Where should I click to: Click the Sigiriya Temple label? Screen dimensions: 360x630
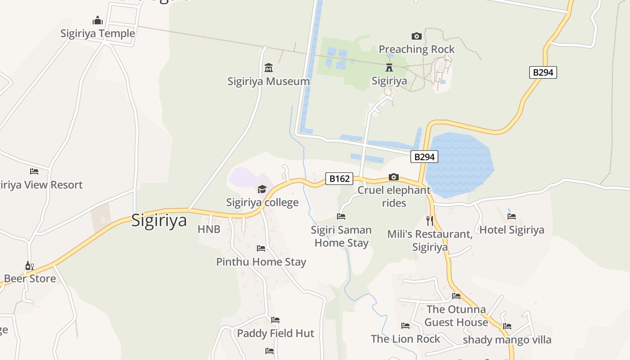pyautogui.click(x=98, y=34)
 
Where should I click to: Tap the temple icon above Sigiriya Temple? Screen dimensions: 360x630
pyautogui.click(x=98, y=21)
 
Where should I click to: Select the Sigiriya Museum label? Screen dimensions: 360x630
pyautogui.click(x=269, y=81)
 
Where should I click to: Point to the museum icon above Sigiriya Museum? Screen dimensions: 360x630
pyautogui.click(x=269, y=68)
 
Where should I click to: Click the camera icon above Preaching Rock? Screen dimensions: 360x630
pyautogui.click(x=416, y=36)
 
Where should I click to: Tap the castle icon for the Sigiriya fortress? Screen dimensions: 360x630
pyautogui.click(x=389, y=67)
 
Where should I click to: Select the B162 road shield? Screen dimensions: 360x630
pyautogui.click(x=339, y=179)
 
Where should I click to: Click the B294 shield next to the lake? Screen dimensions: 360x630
pyautogui.click(x=424, y=157)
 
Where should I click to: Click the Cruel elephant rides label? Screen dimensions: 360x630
pyautogui.click(x=394, y=197)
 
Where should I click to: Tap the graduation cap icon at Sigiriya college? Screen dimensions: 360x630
pyautogui.click(x=262, y=189)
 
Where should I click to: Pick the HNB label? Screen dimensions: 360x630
pyautogui.click(x=209, y=229)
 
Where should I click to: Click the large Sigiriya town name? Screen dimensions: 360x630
pyautogui.click(x=159, y=221)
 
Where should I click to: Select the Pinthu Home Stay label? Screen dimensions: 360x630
pyautogui.click(x=261, y=262)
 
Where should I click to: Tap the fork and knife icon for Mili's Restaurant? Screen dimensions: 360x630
pyautogui.click(x=430, y=220)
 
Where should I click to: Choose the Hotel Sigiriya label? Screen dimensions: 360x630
pyautogui.click(x=512, y=230)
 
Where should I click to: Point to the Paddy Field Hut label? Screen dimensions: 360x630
pyautogui.click(x=275, y=333)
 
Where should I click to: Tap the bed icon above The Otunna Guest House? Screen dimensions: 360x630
pyautogui.click(x=456, y=296)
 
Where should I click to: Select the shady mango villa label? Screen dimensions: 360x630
pyautogui.click(x=507, y=340)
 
